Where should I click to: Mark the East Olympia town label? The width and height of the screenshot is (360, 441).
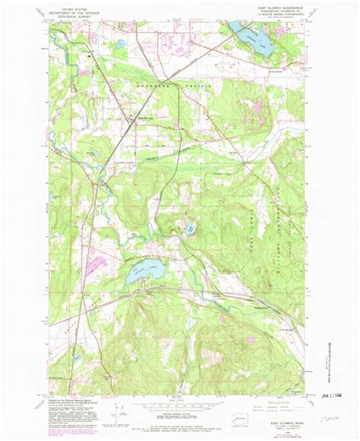click(x=143, y=117)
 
